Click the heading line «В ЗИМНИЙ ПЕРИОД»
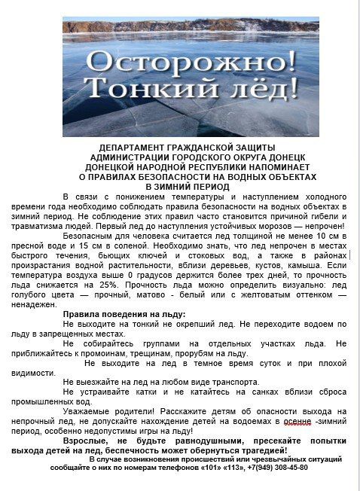(x=177, y=185)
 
